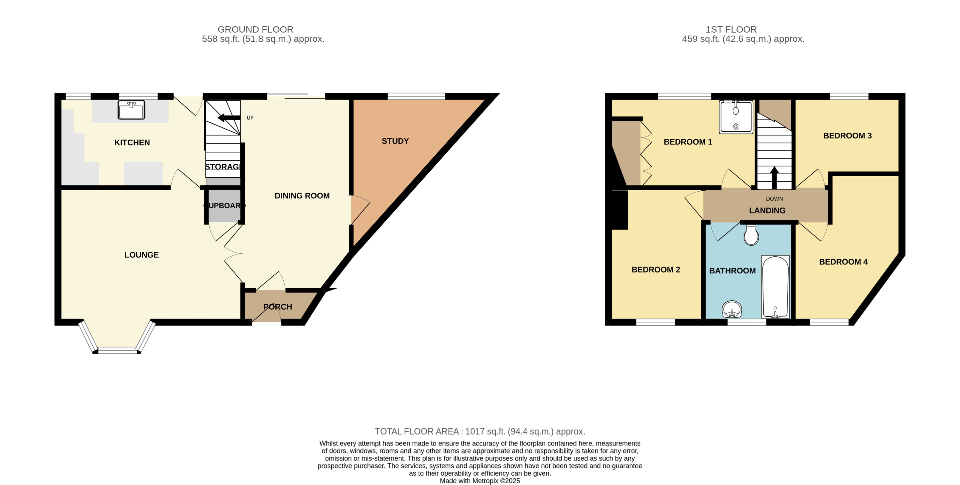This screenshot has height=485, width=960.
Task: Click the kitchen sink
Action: pos(131,109)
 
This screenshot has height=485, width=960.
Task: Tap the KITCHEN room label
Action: pos(132,143)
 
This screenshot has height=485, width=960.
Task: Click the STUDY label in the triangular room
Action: pos(395,141)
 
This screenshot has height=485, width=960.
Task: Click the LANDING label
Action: pos(767,211)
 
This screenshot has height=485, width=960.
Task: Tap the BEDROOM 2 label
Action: pos(656,270)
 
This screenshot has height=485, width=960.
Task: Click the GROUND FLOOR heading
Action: pos(255,29)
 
